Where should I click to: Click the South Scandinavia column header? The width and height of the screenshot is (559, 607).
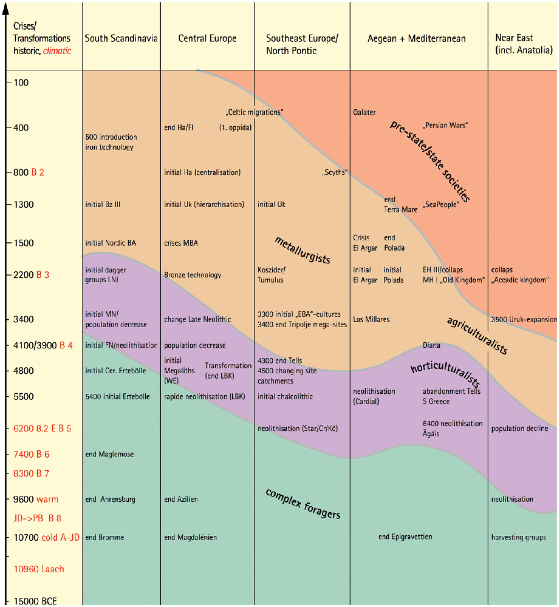(x=121, y=38)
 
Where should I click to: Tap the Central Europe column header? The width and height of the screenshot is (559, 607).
(x=207, y=38)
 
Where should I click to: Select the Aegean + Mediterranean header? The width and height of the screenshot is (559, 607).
(x=417, y=38)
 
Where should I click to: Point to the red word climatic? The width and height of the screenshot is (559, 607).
(x=57, y=51)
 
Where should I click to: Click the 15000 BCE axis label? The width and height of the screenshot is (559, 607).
(x=35, y=601)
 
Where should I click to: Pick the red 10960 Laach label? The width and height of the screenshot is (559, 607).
(x=39, y=569)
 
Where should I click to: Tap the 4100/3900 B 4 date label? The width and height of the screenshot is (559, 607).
(x=43, y=345)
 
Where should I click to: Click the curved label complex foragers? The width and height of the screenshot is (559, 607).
(x=303, y=503)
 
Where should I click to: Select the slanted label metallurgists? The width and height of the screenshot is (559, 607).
(x=303, y=250)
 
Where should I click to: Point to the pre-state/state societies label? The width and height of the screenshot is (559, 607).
(x=430, y=161)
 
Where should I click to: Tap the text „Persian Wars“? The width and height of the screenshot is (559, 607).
(x=445, y=125)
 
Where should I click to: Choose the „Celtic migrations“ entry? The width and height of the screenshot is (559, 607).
(x=255, y=112)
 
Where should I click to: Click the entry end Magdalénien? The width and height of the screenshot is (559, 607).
(x=190, y=537)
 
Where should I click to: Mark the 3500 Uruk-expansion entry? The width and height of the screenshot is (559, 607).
(x=524, y=319)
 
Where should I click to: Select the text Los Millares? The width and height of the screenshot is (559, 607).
(x=371, y=319)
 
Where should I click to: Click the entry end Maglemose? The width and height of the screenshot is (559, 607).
(x=109, y=454)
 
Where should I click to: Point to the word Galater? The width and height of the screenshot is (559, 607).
(x=364, y=112)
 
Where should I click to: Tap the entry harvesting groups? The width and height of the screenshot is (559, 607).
(x=518, y=537)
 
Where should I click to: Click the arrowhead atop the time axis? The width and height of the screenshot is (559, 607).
(x=5, y=9)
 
